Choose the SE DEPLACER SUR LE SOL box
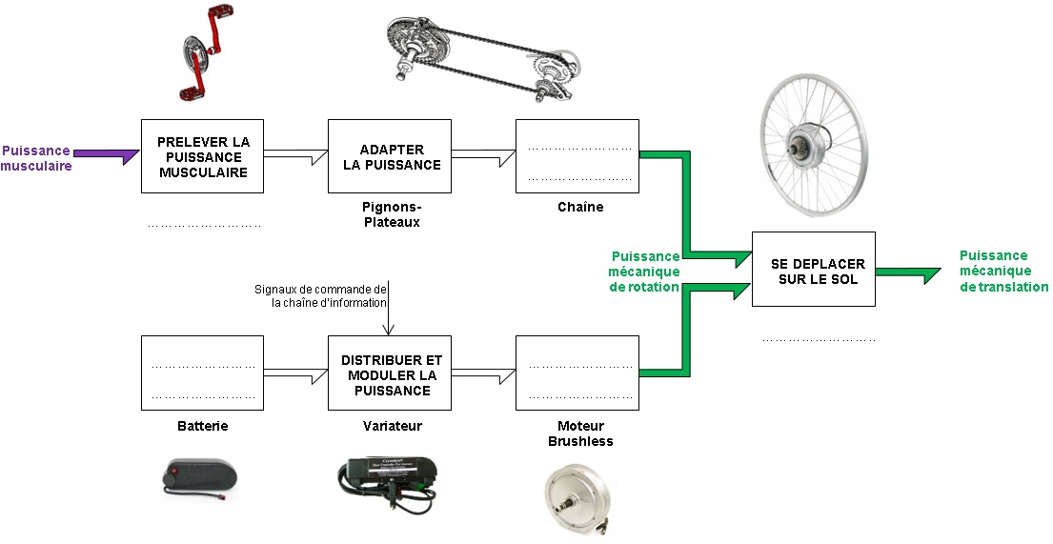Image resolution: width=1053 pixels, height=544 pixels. pos(813,271)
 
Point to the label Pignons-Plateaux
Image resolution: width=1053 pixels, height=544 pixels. pos(391,214)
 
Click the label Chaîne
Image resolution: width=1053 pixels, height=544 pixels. pos(579,207)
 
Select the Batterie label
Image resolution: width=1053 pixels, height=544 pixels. pos(202,426)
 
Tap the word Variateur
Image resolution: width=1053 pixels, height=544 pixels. pos(392,426)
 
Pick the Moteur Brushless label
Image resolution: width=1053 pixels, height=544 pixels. pos(579,433)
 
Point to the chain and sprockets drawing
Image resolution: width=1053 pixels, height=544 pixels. pos(481,57)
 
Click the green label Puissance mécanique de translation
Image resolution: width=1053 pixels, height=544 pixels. pos(1002,271)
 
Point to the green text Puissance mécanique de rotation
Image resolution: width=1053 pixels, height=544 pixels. pos(644,272)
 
